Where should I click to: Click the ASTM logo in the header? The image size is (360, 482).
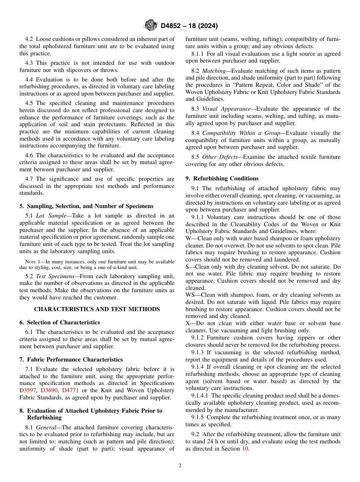[x=151, y=26]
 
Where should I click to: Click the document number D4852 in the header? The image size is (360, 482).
[x=172, y=26]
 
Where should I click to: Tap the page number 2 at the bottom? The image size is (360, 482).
[x=180, y=466]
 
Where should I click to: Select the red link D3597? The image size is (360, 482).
[x=28, y=390]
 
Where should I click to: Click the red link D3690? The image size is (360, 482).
[x=49, y=390]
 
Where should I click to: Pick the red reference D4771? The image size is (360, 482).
[x=70, y=390]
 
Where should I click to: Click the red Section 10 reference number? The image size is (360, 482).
[x=245, y=449]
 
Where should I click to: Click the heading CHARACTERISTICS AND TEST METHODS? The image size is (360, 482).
[x=97, y=309]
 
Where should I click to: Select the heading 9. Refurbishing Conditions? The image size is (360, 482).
[x=222, y=178]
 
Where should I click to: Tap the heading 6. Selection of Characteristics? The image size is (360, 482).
[x=59, y=322]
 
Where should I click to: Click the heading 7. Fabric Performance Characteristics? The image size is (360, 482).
[x=71, y=360]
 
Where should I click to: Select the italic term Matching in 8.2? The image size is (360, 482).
[x=214, y=71]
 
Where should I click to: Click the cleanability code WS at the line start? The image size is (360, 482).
[x=190, y=295]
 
